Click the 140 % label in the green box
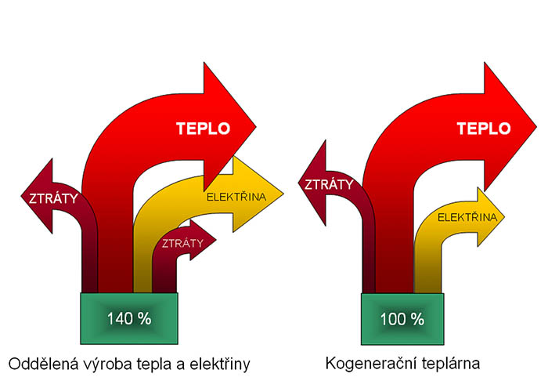(x=129, y=319)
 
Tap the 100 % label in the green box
(x=402, y=319)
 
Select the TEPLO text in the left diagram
(x=203, y=129)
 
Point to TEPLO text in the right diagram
(x=484, y=129)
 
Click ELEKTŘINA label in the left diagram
(x=236, y=197)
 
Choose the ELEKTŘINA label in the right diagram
(x=467, y=217)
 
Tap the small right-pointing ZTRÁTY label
(x=182, y=243)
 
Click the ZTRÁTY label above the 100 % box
(x=329, y=184)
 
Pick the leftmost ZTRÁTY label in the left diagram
(x=53, y=198)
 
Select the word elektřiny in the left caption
(x=220, y=365)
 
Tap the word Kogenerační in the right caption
(x=371, y=364)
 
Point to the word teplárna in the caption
(x=451, y=364)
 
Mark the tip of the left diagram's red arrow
(x=256, y=127)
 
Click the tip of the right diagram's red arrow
(x=537, y=127)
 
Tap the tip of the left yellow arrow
(x=283, y=194)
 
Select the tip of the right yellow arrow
(x=505, y=216)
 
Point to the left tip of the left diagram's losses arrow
(x=21, y=196)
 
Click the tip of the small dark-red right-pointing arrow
(x=216, y=240)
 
